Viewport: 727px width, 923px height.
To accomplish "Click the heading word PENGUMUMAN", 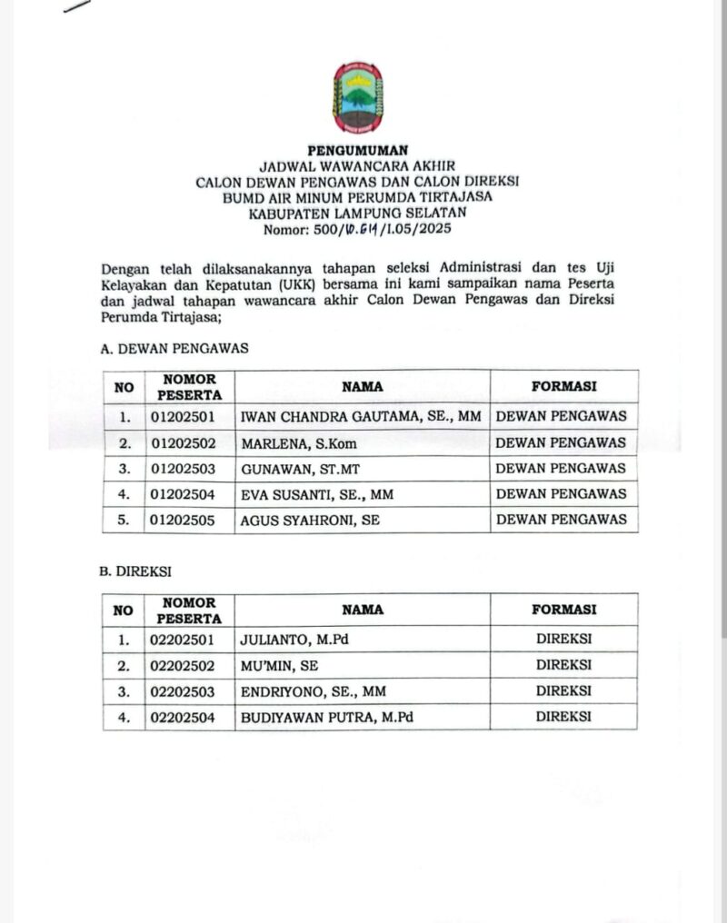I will [357, 151].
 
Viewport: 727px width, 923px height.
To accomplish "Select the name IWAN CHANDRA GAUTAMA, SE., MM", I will [361, 417].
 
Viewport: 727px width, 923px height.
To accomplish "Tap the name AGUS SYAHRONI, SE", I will [310, 521].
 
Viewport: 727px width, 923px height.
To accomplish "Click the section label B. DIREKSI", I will [135, 571].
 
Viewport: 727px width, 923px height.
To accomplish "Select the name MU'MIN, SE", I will [279, 665].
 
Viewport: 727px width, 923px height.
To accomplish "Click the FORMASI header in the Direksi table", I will [563, 610].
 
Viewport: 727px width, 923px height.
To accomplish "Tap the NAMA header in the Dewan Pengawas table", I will [362, 387].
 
